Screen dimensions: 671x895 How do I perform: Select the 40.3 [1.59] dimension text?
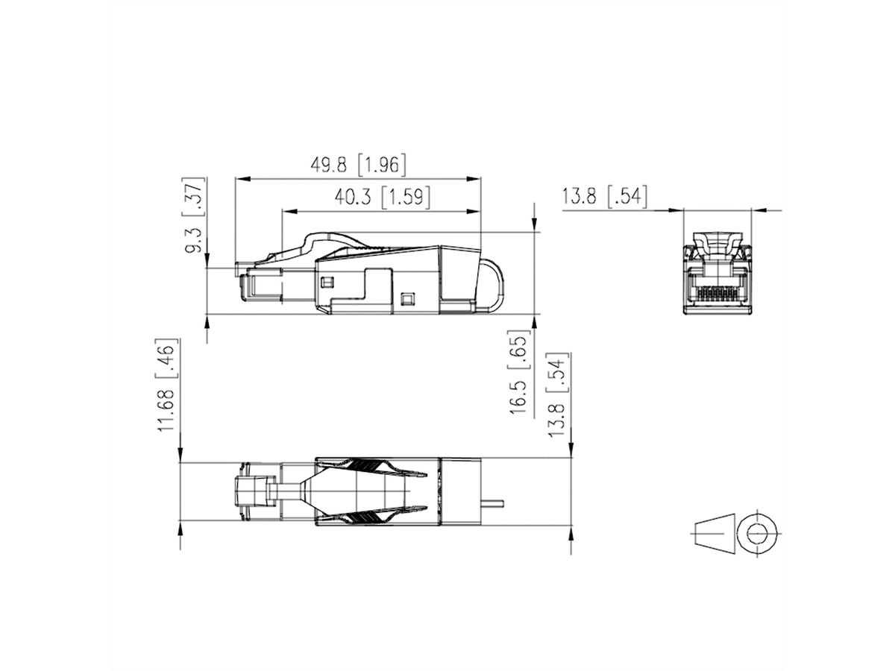coord(381,198)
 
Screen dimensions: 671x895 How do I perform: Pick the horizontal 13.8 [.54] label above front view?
coord(605,197)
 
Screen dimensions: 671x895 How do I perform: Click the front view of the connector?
coord(717,268)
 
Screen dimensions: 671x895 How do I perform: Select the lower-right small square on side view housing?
coord(406,299)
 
